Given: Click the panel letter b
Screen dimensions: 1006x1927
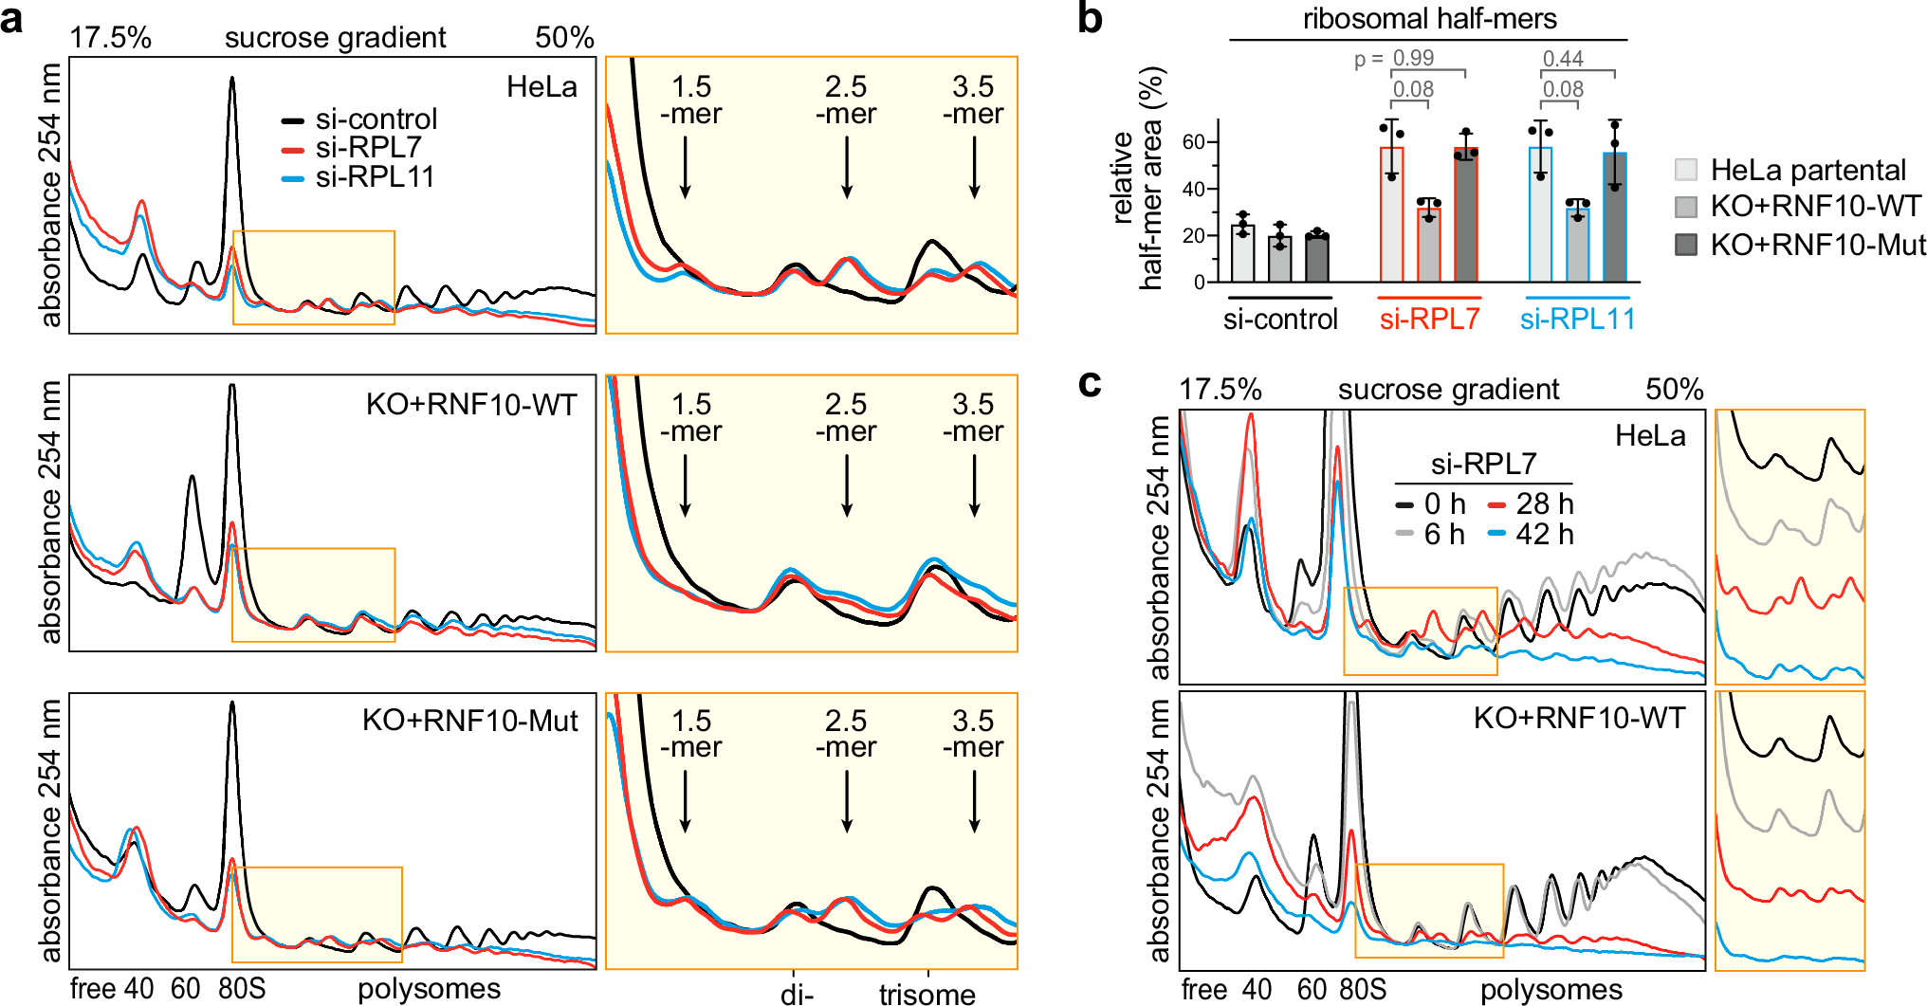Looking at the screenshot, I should point(1091,19).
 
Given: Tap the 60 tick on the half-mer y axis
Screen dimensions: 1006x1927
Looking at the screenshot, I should point(1192,142).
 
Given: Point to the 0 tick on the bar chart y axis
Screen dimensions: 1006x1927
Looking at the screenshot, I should point(1199,283).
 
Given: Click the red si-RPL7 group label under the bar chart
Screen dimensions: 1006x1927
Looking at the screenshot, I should point(1429,320).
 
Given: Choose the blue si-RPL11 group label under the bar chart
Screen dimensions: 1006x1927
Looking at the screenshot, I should point(1577,320).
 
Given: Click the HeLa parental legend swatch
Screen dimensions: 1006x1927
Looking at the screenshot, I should point(1686,171).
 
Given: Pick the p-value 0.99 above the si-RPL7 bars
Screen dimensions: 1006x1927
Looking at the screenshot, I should point(1413,59).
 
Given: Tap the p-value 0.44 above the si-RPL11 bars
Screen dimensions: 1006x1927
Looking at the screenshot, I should point(1563,59).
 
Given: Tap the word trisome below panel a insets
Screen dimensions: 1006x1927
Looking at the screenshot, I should point(927,995).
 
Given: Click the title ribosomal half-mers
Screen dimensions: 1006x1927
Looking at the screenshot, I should point(1429,19).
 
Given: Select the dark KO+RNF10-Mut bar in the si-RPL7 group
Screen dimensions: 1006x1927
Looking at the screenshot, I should point(1466,215).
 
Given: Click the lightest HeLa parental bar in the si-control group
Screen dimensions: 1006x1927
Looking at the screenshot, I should point(1242,253).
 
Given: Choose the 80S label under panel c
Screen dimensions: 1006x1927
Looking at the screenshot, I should point(1363,990).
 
